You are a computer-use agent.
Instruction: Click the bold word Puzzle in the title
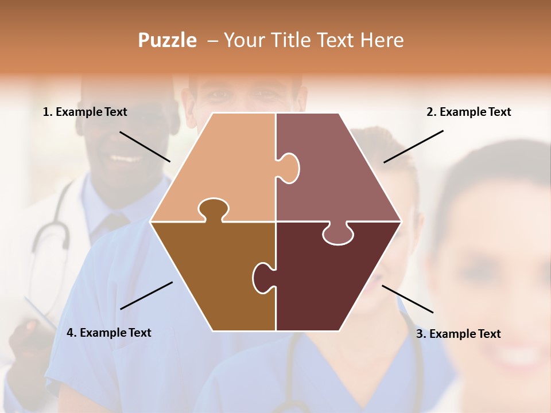pos(167,41)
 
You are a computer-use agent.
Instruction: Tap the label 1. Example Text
pos(85,112)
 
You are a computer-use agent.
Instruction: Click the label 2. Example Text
pos(468,112)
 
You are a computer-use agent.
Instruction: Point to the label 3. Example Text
pos(458,334)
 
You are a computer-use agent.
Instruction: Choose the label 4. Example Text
pos(109,333)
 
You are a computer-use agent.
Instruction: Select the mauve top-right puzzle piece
pos(339,172)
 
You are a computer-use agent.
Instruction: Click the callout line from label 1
pos(145,146)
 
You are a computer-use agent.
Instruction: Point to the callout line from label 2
pos(413,146)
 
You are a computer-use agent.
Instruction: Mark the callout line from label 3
pos(408,298)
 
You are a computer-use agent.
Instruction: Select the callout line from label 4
pos(146,295)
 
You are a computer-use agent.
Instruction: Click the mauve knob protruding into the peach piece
pos(289,168)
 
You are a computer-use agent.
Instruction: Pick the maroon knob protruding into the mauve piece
pos(337,234)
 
